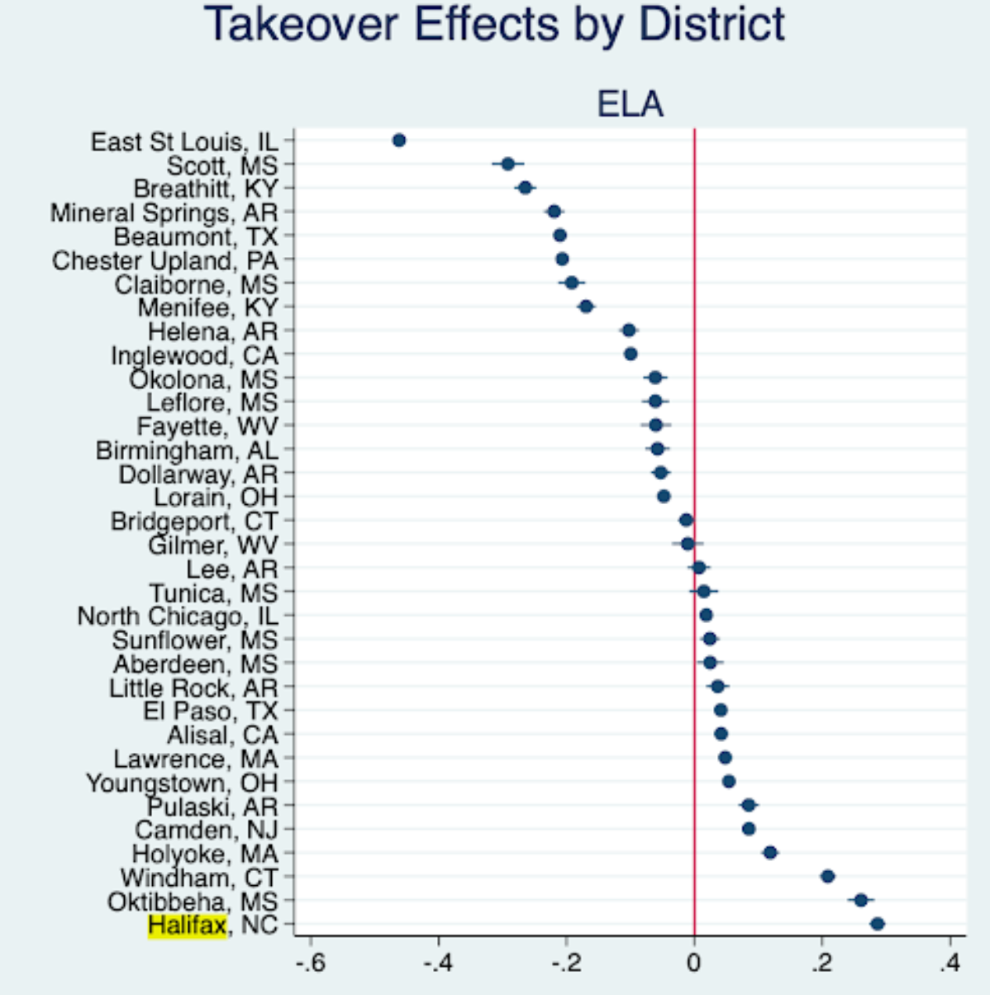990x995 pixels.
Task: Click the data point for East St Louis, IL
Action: click(399, 140)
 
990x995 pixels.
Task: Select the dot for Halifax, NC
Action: click(878, 924)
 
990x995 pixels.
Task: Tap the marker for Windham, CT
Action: click(828, 876)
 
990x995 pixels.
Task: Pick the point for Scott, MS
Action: click(508, 164)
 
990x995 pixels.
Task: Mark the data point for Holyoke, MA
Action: click(770, 852)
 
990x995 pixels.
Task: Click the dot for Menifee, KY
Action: click(586, 307)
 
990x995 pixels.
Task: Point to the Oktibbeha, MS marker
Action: click(861, 900)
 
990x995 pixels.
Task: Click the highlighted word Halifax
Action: click(187, 925)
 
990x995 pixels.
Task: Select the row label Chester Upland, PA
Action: click(165, 261)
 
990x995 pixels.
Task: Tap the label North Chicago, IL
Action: click(178, 617)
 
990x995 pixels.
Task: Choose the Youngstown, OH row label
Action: click(182, 783)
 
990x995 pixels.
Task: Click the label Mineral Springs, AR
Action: click(164, 213)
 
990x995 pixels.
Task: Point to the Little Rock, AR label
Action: click(193, 688)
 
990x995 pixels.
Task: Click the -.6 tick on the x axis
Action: click(311, 964)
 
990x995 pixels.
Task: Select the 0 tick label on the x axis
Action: click(694, 964)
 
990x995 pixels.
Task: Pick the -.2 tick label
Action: click(567, 964)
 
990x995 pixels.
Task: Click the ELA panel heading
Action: click(630, 105)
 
